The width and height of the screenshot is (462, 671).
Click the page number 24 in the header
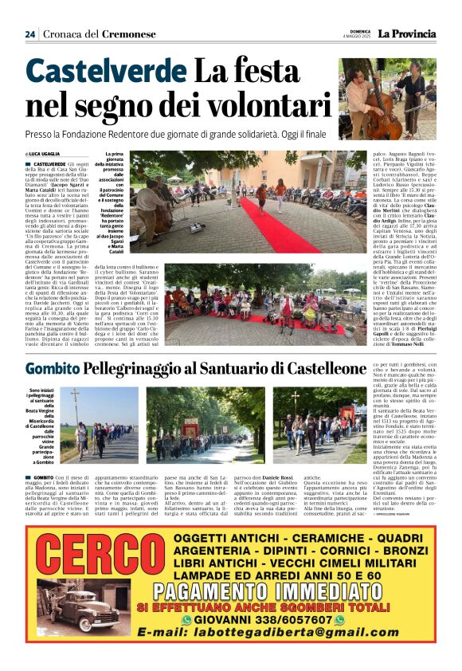coord(30,34)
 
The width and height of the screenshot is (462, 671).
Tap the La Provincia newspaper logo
coord(407,33)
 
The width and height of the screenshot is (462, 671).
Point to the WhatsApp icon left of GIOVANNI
coord(187,642)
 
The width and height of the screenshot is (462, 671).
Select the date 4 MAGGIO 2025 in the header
coord(358,37)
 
